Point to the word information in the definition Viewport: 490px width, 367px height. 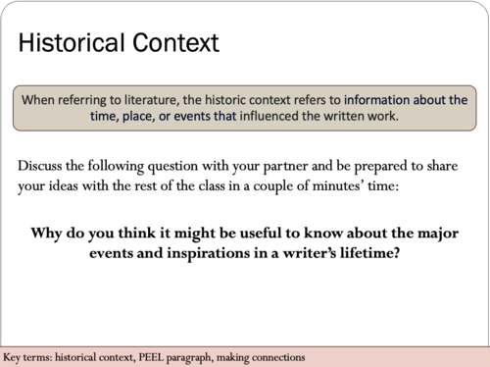point(367,100)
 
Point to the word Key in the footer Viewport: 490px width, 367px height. point(15,357)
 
